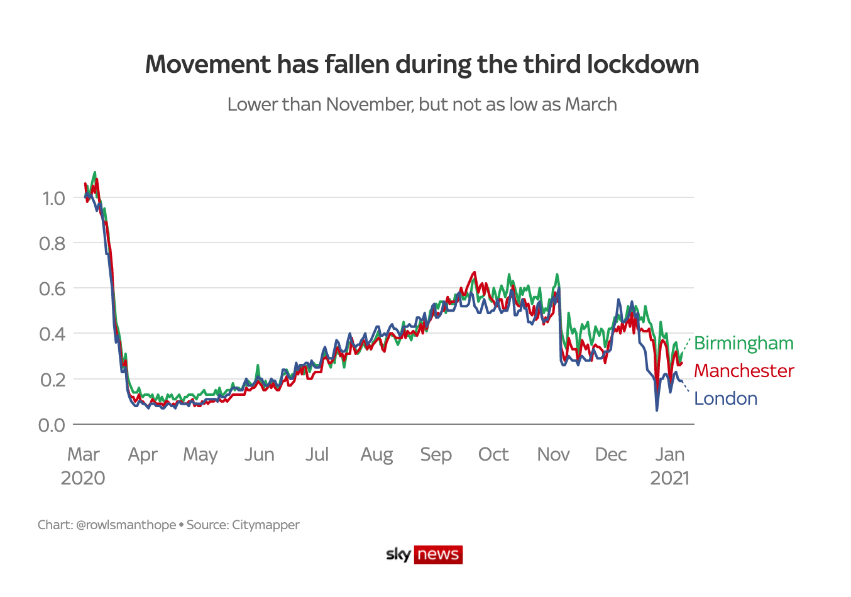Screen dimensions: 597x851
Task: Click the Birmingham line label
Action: [744, 343]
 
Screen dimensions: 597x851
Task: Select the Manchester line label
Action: [744, 371]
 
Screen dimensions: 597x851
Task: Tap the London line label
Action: [725, 398]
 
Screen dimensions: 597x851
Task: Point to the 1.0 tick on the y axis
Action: [53, 199]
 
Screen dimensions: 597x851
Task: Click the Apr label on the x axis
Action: [143, 454]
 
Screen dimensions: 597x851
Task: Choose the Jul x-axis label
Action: [317, 454]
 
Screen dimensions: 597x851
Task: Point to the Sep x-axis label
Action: [436, 454]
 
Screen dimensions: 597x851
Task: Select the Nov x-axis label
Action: [553, 454]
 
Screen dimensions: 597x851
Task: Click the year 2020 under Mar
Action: [83, 478]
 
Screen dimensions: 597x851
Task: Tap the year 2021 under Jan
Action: [669, 478]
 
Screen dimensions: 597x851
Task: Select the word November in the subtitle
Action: [370, 104]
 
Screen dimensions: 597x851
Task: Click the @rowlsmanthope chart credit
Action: [126, 525]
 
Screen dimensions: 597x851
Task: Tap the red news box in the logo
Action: [438, 554]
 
